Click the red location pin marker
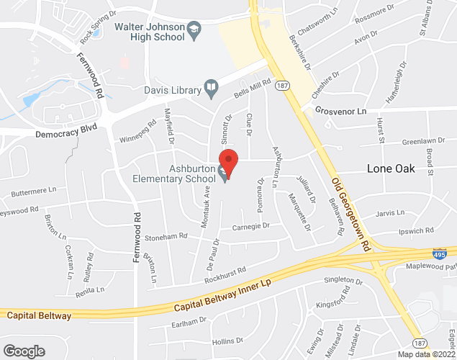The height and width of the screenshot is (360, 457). (x=228, y=161)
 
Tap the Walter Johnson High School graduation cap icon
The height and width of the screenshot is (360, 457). (x=194, y=30)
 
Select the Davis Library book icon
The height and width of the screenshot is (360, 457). (x=211, y=89)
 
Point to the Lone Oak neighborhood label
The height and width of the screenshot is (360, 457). (x=395, y=167)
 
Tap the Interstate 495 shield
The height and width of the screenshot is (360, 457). (x=440, y=253)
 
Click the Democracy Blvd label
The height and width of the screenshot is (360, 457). (x=67, y=134)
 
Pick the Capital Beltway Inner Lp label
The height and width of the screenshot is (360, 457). (x=221, y=295)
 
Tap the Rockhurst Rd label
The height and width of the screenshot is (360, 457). (x=225, y=273)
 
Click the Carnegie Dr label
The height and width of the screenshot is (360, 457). (x=250, y=226)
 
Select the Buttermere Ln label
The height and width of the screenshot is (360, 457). (x=33, y=192)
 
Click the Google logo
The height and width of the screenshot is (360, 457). (x=23, y=351)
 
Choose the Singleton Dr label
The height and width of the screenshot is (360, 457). (x=343, y=281)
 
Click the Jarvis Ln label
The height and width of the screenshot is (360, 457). (x=389, y=213)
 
